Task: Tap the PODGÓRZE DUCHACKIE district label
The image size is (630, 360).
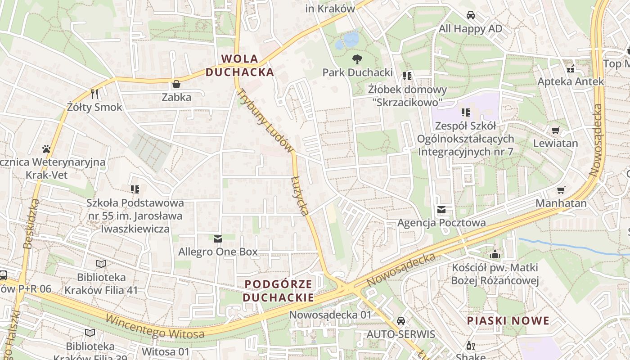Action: [279, 291]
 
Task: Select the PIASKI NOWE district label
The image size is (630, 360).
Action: [508, 320]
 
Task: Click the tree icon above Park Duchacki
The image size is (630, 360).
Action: [357, 59]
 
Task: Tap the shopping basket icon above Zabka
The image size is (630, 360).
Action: [176, 84]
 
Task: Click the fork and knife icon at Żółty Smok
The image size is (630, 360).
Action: [94, 94]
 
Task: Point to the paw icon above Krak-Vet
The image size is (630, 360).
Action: [46, 148]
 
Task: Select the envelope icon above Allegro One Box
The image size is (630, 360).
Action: [218, 238]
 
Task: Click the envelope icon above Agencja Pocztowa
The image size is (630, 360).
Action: [441, 210]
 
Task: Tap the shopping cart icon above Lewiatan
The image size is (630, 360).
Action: [555, 130]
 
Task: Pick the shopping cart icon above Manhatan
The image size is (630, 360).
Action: [561, 190]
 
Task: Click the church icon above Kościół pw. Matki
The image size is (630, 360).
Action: [495, 254]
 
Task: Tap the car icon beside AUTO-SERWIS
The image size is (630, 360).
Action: [401, 321]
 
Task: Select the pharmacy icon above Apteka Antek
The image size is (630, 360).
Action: [571, 69]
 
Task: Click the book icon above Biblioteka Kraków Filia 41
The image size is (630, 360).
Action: [101, 264]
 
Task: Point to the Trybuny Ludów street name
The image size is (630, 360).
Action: [265, 120]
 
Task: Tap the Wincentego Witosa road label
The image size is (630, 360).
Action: [155, 327]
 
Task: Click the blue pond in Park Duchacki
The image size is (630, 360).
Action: [347, 40]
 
